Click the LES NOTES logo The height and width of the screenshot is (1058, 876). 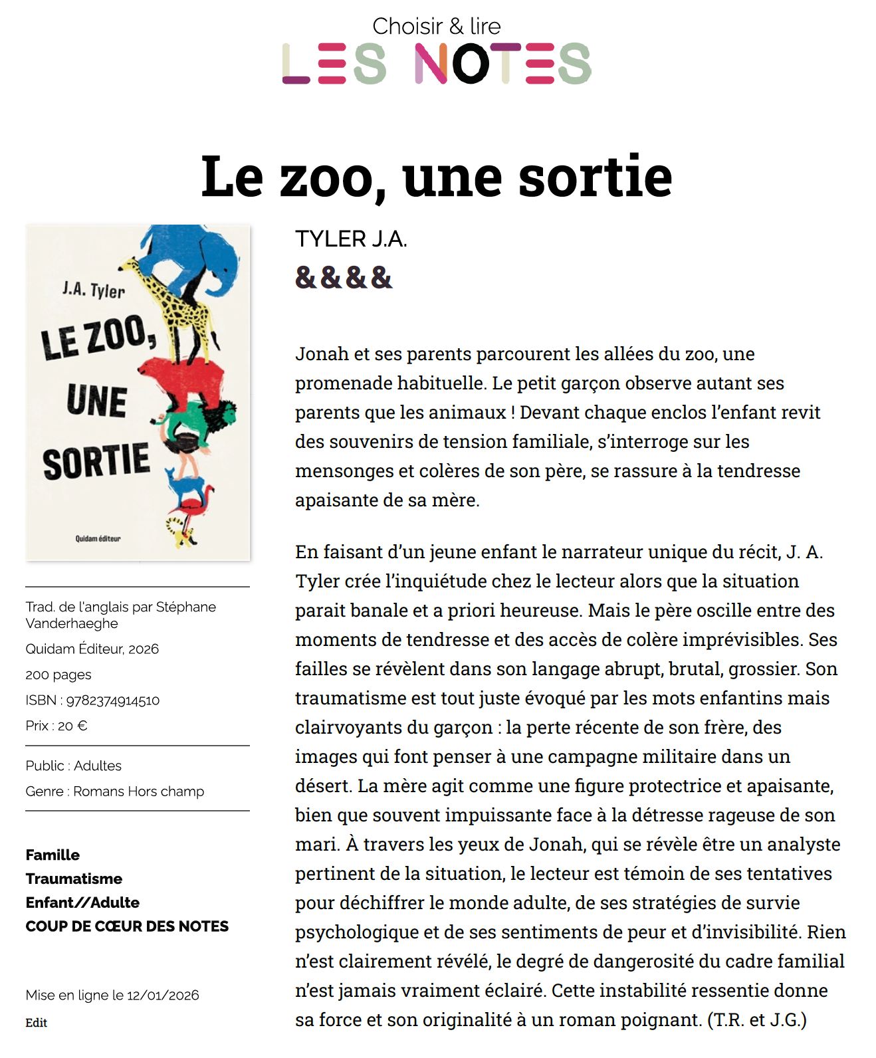point(437,63)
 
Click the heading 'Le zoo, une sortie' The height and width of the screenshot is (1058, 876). point(437,176)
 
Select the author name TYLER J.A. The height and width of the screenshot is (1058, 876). point(351,239)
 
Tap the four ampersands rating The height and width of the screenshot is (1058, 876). point(344,278)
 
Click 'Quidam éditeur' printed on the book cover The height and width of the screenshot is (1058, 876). point(98,538)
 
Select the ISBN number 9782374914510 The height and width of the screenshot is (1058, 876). point(113,700)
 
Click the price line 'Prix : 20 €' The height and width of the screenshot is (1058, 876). point(56,726)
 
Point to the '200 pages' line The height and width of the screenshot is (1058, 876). point(58,675)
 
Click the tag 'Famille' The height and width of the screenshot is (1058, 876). point(53,855)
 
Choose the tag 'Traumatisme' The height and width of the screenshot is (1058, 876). point(74,879)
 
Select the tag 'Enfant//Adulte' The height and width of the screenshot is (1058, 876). point(82,902)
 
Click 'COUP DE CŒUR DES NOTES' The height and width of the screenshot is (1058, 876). point(127,926)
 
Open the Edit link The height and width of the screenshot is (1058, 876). point(37,1023)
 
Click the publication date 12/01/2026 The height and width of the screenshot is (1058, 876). point(163,995)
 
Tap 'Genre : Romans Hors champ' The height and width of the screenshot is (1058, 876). point(115,792)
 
